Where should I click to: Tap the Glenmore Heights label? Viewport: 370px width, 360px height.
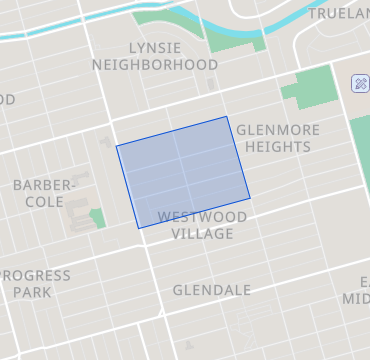pyautogui.click(x=273, y=138)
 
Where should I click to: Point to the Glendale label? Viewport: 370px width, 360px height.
pyautogui.click(x=211, y=290)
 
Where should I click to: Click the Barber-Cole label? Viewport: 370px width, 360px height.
pyautogui.click(x=43, y=193)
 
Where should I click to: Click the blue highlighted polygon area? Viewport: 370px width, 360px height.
pyautogui.click(x=183, y=172)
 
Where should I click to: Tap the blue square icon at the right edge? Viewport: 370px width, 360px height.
pyautogui.click(x=361, y=83)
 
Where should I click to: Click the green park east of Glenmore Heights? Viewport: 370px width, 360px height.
pyautogui.click(x=306, y=92)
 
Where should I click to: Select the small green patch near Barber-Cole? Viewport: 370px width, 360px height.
pyautogui.click(x=97, y=217)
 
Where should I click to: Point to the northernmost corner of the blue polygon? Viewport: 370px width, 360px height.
pyautogui.click(x=228, y=117)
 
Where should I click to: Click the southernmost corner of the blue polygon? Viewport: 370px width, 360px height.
pyautogui.click(x=139, y=228)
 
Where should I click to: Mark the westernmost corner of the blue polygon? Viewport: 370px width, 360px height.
pyautogui.click(x=117, y=147)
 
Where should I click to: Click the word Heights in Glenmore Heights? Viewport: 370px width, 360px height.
pyautogui.click(x=273, y=147)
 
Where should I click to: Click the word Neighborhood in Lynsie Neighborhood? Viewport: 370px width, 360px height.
pyautogui.click(x=155, y=65)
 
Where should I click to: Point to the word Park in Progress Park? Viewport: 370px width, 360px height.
pyautogui.click(x=32, y=293)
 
